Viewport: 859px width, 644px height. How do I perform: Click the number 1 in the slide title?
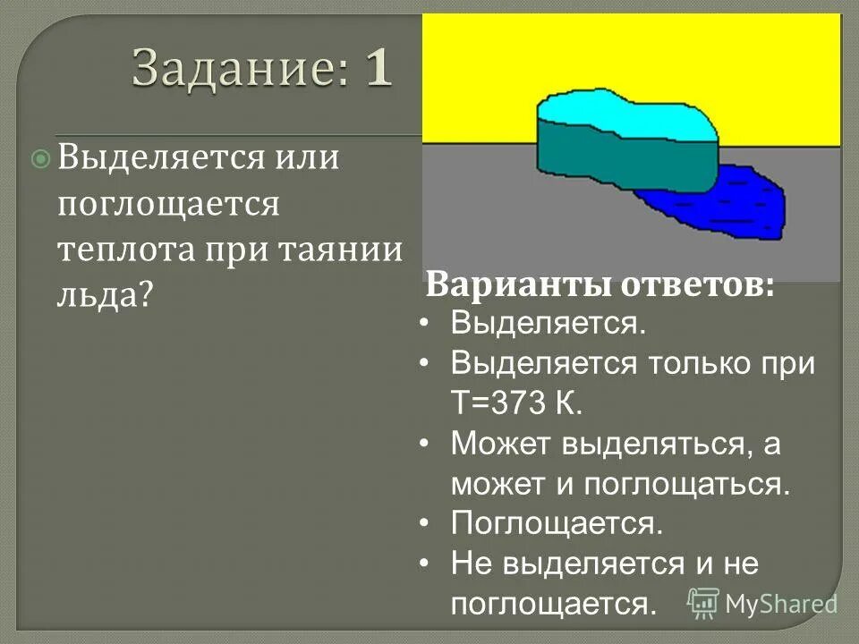click(x=378, y=68)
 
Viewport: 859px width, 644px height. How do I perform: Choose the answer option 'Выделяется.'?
click(x=548, y=322)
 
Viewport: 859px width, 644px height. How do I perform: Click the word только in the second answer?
click(x=706, y=363)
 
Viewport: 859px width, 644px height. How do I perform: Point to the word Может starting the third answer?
click(x=501, y=444)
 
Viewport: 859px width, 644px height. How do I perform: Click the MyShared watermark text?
click(x=781, y=604)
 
